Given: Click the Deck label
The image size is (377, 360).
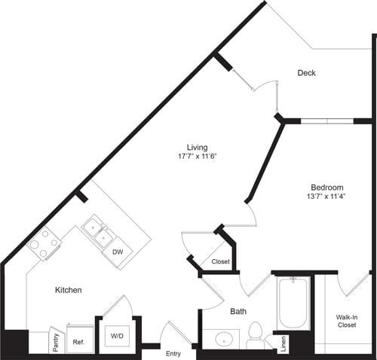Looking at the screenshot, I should point(306,73).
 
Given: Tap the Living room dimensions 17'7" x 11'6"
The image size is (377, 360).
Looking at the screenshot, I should point(198,157).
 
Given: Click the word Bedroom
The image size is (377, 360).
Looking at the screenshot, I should point(327,188).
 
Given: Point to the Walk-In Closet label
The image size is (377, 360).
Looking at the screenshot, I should point(346,322).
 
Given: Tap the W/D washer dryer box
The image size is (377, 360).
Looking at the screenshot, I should point(118,335).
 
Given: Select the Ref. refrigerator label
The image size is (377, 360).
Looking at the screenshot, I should point(79,340).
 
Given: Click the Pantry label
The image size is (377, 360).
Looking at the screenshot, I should point(57,339).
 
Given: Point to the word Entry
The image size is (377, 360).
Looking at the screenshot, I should point(173,353).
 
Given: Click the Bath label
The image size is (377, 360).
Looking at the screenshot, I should point(238,311).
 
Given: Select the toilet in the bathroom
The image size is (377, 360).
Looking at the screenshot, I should point(255,334).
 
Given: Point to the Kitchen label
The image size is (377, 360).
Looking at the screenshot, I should point(68,290).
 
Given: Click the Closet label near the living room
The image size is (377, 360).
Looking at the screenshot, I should point(220,262).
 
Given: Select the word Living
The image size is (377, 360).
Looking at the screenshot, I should point(198,147).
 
